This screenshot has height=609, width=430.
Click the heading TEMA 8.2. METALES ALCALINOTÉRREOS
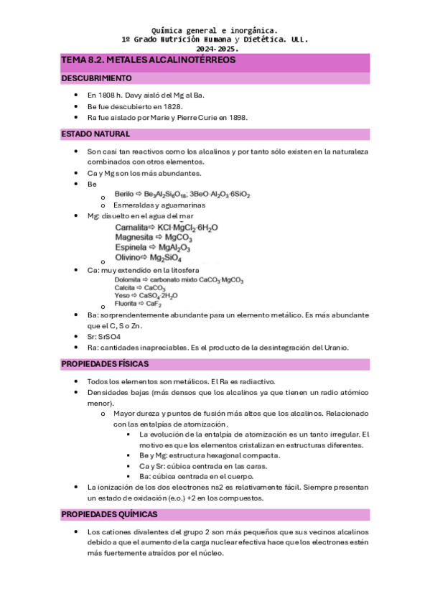(x=149, y=61)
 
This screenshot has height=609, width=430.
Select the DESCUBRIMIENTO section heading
(x=96, y=78)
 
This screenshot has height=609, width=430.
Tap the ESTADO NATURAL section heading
(x=95, y=134)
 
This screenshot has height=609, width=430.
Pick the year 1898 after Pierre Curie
(x=236, y=118)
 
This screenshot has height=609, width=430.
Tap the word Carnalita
(x=133, y=228)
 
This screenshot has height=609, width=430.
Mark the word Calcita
(x=126, y=287)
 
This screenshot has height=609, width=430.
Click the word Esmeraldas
(x=132, y=205)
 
